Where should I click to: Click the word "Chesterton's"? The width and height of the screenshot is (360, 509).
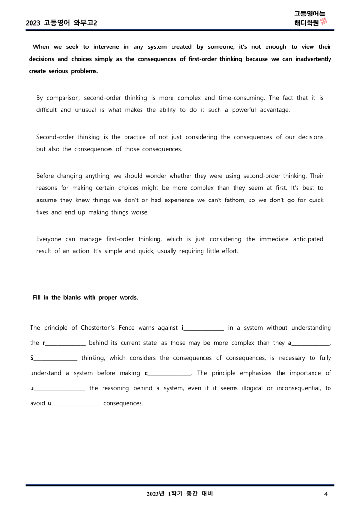click(104, 328)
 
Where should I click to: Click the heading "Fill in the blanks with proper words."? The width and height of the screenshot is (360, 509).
click(85, 298)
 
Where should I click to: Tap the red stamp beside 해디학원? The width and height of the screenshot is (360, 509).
click(324, 22)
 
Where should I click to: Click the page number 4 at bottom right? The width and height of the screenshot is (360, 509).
click(326, 494)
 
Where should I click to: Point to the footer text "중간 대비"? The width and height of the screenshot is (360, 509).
click(198, 494)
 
